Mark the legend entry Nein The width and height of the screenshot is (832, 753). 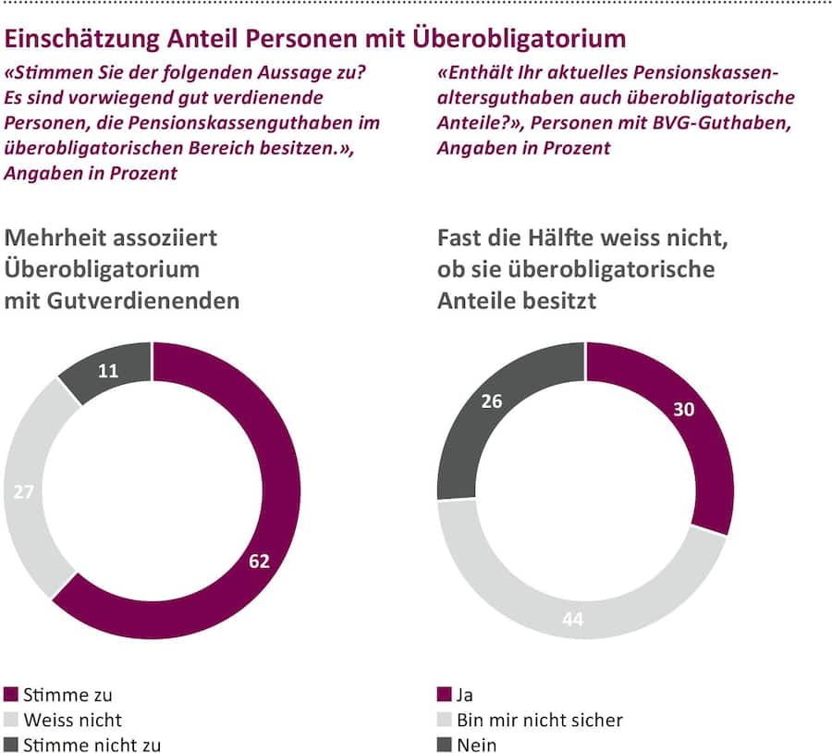pyautogui.click(x=478, y=744)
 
